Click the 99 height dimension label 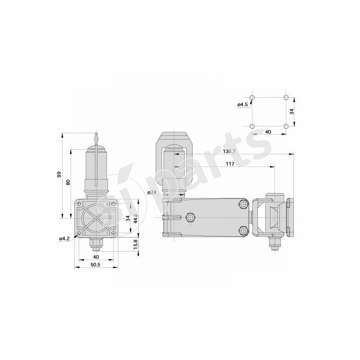pyautogui.click(x=59, y=175)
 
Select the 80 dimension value pyautogui.click(x=68, y=182)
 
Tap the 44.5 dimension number pyautogui.click(x=135, y=218)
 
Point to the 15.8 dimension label pyautogui.click(x=135, y=244)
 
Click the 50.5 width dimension pyautogui.click(x=95, y=265)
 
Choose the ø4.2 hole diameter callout pyautogui.click(x=64, y=238)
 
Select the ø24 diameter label pyautogui.click(x=152, y=192)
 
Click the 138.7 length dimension pyautogui.click(x=230, y=152)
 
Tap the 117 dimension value pyautogui.click(x=229, y=164)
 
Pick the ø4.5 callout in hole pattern pyautogui.click(x=243, y=104)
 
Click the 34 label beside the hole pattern pyautogui.click(x=292, y=112)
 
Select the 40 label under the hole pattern pyautogui.click(x=268, y=132)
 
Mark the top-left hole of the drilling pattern pyautogui.click(x=252, y=98)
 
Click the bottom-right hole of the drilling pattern pyautogui.click(x=286, y=126)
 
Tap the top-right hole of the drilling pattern pyautogui.click(x=286, y=98)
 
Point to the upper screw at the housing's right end pyautogui.click(x=243, y=204)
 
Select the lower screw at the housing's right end pyautogui.click(x=243, y=231)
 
